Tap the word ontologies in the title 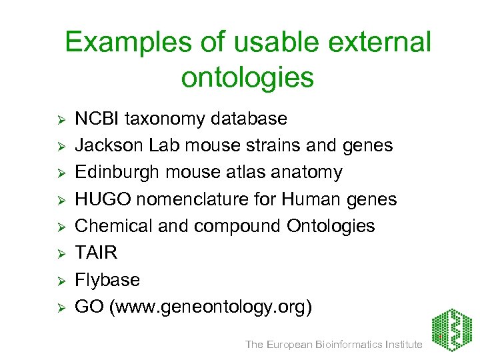[x=247, y=77]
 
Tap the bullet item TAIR [x=96, y=253]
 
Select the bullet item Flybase [x=107, y=280]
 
